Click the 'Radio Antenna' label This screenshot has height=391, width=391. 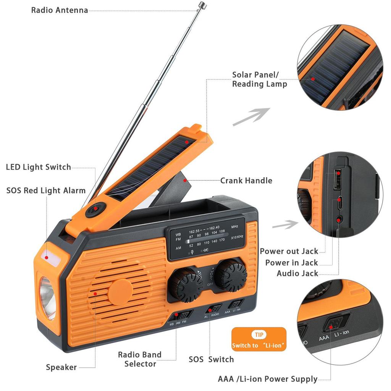pos(60,10)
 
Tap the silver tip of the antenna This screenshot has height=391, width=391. pos(202,5)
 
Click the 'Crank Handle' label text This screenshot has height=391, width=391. pos(246,180)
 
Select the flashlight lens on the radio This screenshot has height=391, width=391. pos(47,297)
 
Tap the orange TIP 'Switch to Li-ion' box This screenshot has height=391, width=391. pos(259,339)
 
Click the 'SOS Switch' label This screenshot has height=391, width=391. pos(211,359)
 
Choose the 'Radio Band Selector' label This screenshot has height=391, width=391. pos(140,359)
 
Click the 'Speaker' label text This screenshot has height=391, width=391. pos(61,367)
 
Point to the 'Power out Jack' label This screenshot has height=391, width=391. pos(289,251)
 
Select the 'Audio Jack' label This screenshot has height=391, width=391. pos(297,273)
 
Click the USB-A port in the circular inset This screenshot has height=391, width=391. pos(338,179)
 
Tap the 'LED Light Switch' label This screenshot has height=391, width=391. pos(39,167)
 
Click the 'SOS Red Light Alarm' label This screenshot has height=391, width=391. pos(46,190)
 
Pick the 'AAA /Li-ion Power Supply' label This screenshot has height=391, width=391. pos(268,379)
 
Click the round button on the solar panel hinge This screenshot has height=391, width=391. pos(95,208)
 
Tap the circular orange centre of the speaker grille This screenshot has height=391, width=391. pos(121,292)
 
